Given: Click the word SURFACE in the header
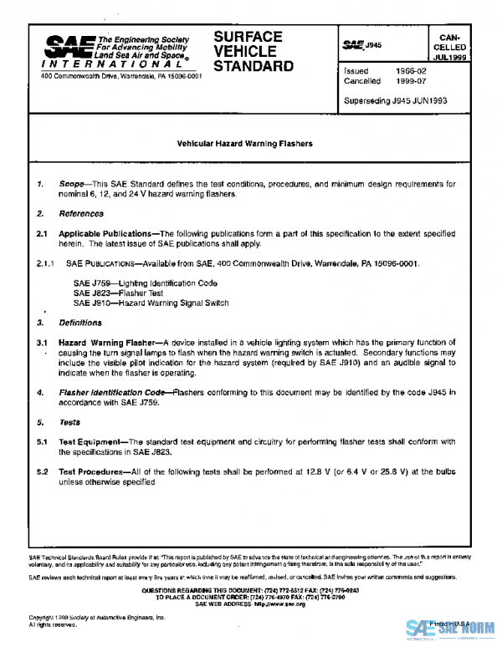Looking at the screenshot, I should pyautogui.click(x=248, y=37).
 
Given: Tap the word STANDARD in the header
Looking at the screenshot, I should pyautogui.click(x=254, y=66).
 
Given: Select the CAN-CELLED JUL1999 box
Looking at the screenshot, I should pyautogui.click(x=456, y=47).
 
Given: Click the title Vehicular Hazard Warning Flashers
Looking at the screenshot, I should pyautogui.click(x=245, y=144).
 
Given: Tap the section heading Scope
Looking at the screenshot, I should pyautogui.click(x=72, y=183).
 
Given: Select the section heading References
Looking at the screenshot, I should pyautogui.click(x=81, y=214).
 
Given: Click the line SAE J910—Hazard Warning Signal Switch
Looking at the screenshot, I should pyautogui.click(x=151, y=303).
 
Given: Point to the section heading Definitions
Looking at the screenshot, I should pyautogui.click(x=80, y=323).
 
